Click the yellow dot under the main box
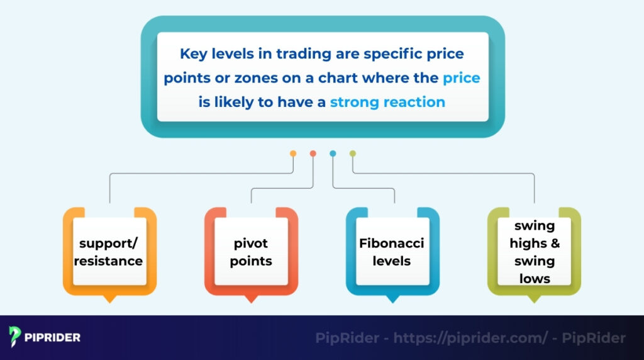click(293, 153)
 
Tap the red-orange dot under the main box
click(313, 153)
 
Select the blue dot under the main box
click(333, 153)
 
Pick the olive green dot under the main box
click(352, 153)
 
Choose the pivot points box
click(251, 251)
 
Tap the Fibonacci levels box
click(392, 251)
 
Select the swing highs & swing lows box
click(535, 251)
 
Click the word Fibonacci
click(392, 243)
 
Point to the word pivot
click(251, 243)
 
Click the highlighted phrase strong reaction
click(387, 102)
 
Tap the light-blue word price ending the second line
click(461, 78)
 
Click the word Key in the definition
click(192, 53)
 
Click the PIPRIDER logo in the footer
click(45, 337)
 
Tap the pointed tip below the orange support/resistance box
click(109, 300)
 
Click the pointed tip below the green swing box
click(535, 300)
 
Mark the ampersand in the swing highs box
click(554, 244)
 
